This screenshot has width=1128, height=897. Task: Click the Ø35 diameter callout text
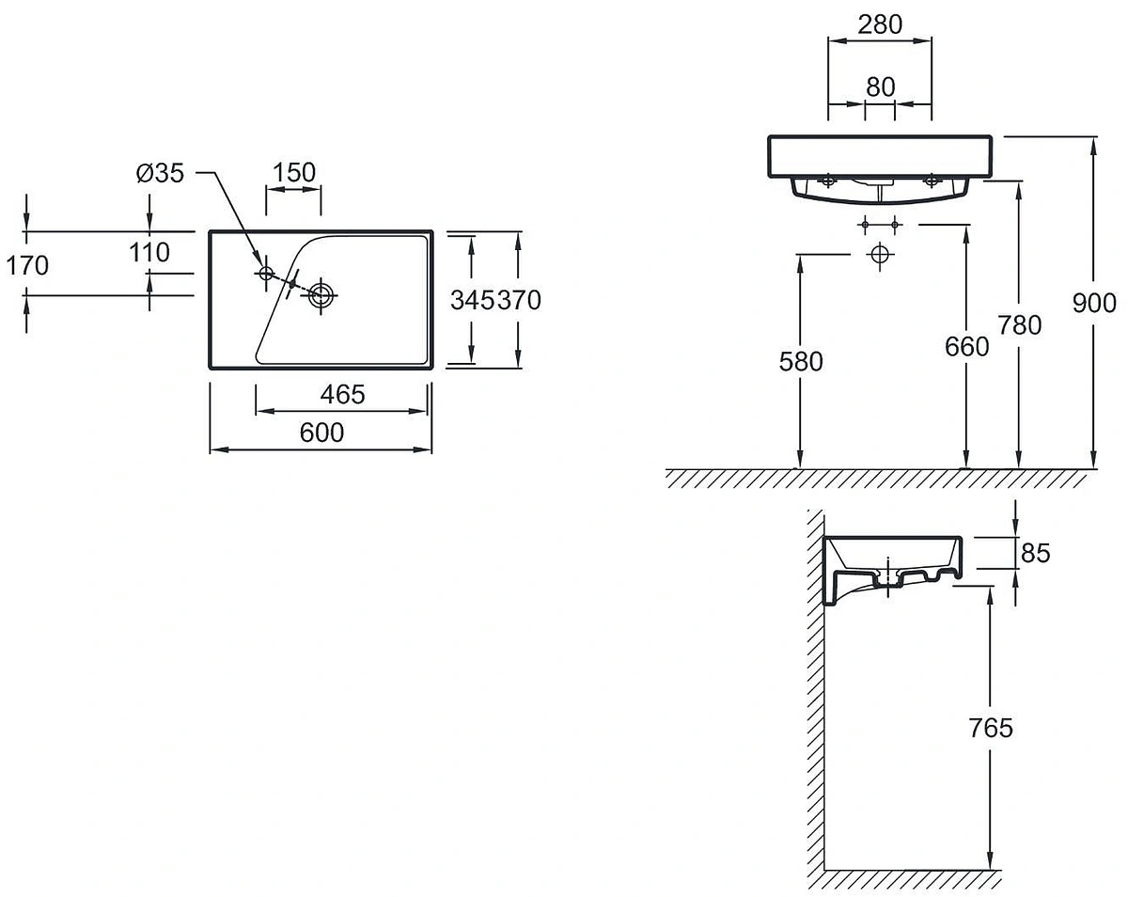(x=161, y=173)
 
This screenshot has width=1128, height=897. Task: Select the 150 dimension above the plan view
(x=294, y=172)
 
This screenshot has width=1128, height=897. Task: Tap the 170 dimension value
(x=27, y=265)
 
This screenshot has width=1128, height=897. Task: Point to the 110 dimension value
(x=149, y=253)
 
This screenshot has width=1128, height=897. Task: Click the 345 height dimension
(x=473, y=300)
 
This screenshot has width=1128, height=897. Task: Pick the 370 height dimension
(x=519, y=300)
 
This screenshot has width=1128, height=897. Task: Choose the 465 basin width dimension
(x=343, y=395)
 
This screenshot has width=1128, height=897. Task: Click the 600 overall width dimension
(x=321, y=433)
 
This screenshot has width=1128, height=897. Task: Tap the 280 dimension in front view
(x=880, y=24)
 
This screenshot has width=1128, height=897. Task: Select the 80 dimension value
(x=881, y=87)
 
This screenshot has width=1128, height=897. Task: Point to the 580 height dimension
(x=801, y=362)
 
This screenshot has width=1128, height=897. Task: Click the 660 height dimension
(x=967, y=347)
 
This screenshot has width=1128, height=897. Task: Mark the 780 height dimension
(x=1020, y=325)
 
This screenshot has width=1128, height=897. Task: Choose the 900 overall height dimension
(x=1094, y=304)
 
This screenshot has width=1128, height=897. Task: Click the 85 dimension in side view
(x=1036, y=553)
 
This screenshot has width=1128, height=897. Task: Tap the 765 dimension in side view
(x=991, y=728)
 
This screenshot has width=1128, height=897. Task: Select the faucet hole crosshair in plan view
(x=266, y=273)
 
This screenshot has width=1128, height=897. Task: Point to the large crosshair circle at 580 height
(x=880, y=255)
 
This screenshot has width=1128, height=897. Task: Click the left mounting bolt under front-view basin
(x=828, y=181)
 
